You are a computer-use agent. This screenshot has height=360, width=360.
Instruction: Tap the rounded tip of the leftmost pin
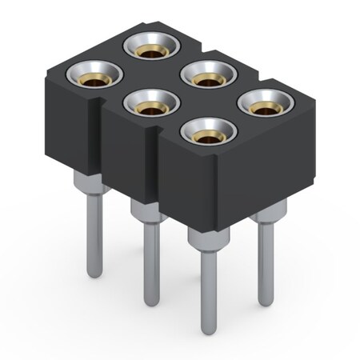pos(95,274)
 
